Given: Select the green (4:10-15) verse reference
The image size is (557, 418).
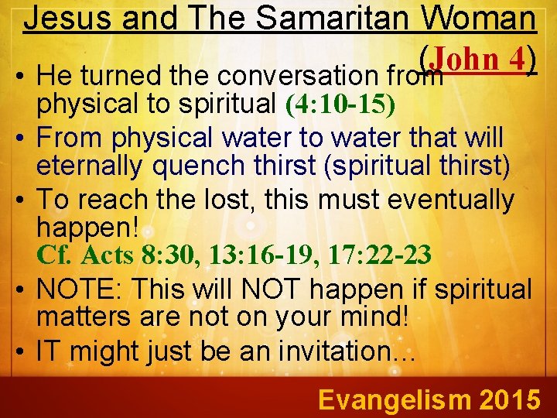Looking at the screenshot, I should click(340, 104).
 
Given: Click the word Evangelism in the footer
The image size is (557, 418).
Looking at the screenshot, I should click(393, 399).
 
